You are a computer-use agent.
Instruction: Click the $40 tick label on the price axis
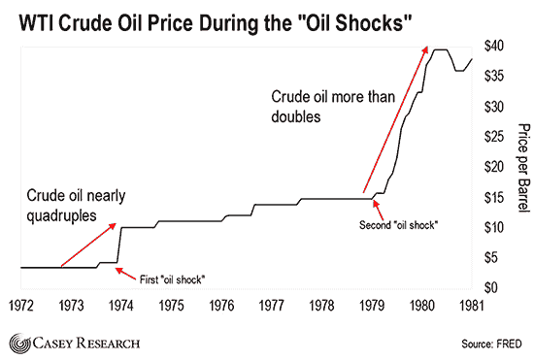[x=494, y=46]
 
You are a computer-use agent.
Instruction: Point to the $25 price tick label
[x=494, y=137]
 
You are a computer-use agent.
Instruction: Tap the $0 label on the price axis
[x=490, y=287]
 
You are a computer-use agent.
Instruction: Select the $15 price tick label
[x=494, y=197]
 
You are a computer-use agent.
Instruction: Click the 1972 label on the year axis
[x=21, y=306]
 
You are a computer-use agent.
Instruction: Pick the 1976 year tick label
[x=221, y=306]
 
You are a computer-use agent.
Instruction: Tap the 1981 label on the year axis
[x=472, y=306]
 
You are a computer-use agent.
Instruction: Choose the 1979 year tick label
[x=372, y=306]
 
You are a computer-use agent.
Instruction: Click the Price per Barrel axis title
[x=524, y=168]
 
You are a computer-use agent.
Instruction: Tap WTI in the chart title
[x=36, y=23]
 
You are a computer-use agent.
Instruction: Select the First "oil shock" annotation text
[x=172, y=279]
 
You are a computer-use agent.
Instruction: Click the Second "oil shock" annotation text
[x=398, y=225]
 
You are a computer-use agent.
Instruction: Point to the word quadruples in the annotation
[x=61, y=215]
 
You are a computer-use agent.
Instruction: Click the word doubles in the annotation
[x=296, y=116]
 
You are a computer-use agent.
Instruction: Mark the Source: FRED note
[x=491, y=344]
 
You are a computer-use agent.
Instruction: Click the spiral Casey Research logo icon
[x=19, y=344]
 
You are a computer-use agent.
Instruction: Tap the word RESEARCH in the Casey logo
[x=108, y=343]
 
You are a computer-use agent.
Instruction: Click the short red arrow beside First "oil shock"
[x=125, y=274]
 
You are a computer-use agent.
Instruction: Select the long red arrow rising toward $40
[x=395, y=119]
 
